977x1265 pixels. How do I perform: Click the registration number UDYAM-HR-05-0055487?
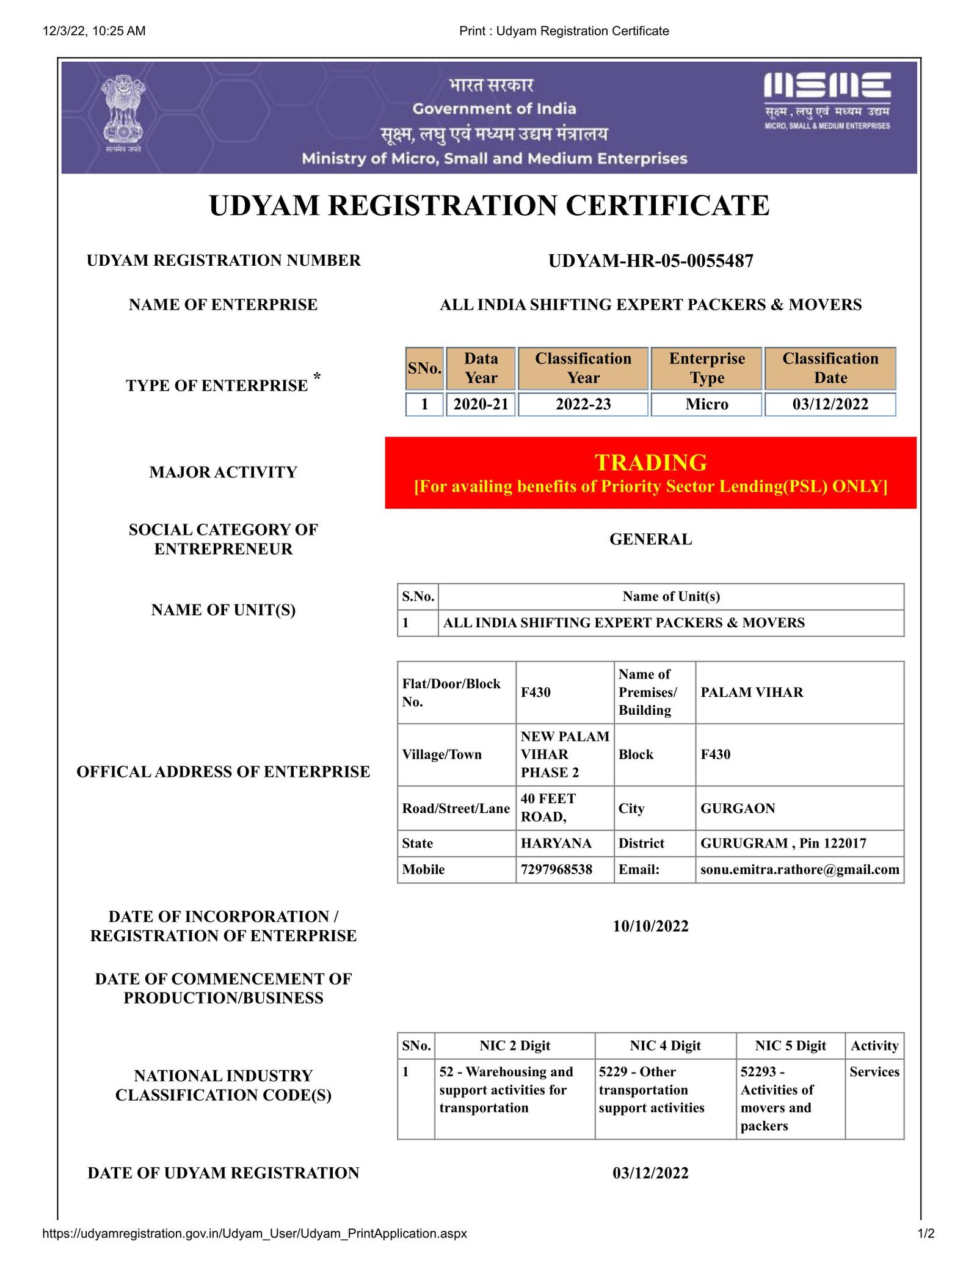point(650,261)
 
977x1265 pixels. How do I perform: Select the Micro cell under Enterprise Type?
point(706,404)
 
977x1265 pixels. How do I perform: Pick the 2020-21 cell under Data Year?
point(481,404)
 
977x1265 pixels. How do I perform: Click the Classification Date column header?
point(830,368)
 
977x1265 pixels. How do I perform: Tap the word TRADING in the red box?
point(650,462)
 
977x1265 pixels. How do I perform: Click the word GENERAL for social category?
point(650,539)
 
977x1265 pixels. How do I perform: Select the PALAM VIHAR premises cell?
point(752,692)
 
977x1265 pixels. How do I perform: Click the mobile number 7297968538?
point(556,869)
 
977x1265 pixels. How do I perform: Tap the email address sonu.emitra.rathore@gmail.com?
point(799,869)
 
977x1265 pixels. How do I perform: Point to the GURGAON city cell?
point(738,808)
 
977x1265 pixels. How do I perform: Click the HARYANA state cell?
point(556,843)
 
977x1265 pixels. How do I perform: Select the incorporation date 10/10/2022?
point(650,926)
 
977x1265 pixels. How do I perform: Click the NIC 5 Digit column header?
point(790,1046)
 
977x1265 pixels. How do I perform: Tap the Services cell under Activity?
point(874,1071)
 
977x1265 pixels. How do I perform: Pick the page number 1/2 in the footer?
point(926,1233)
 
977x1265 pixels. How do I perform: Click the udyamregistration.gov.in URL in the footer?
point(255,1233)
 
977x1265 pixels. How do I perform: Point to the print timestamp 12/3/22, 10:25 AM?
point(94,31)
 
